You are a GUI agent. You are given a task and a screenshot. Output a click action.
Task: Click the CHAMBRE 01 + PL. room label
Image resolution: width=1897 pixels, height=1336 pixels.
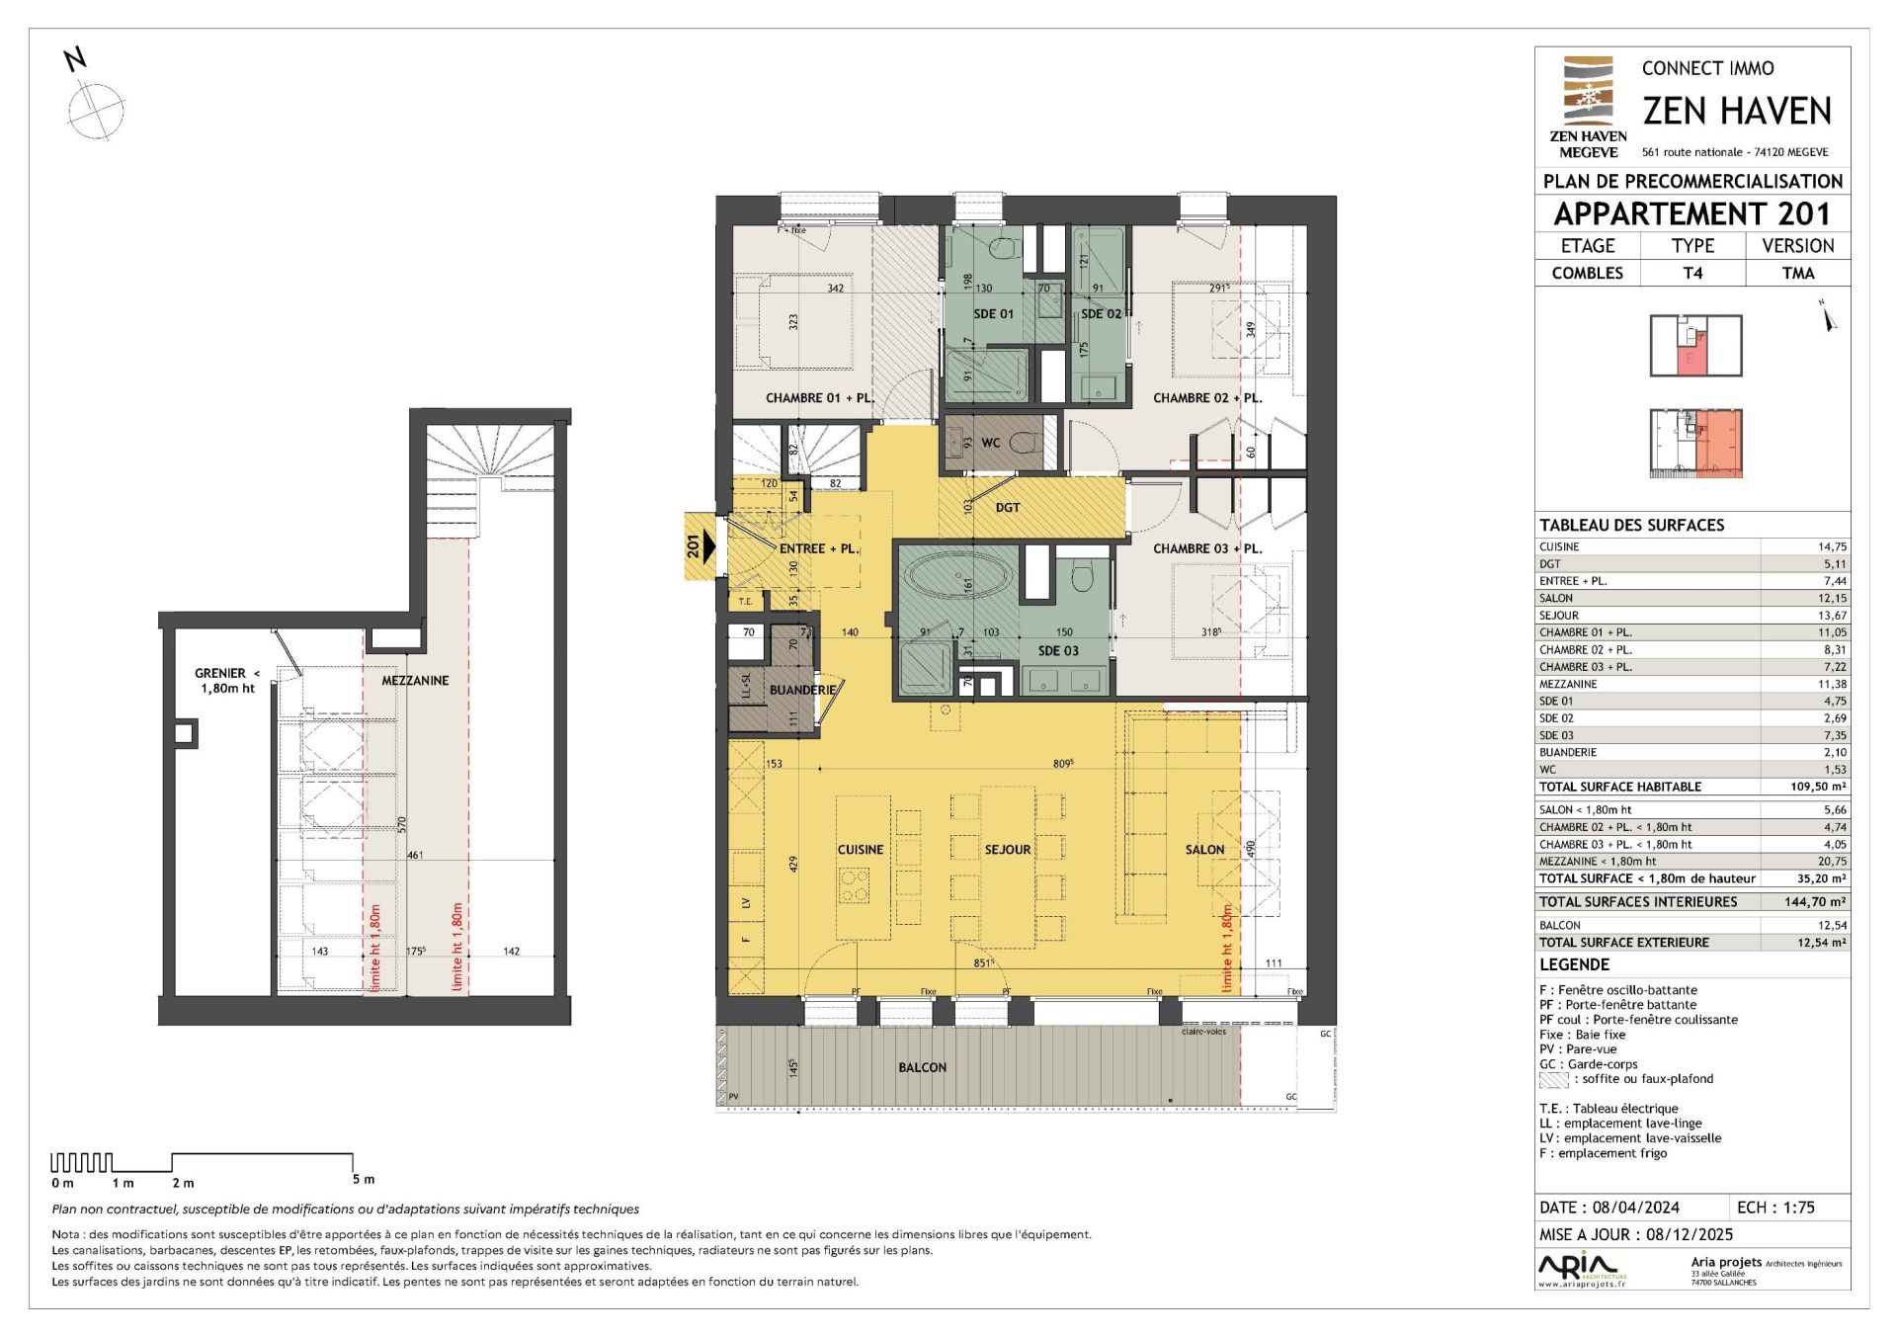coord(819,398)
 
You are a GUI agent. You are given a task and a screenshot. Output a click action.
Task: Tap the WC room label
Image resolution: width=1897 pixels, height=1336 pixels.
coord(991,443)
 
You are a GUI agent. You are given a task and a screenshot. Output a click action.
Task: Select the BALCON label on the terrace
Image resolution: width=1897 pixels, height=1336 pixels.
coord(922,1067)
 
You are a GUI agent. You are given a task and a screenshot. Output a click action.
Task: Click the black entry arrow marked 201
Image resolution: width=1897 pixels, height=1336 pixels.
coord(701,545)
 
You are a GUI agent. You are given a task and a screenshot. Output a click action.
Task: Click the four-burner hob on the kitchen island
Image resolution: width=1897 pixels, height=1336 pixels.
coord(854,884)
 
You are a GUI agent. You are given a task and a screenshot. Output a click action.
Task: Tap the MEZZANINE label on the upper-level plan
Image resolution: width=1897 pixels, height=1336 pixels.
coord(415,681)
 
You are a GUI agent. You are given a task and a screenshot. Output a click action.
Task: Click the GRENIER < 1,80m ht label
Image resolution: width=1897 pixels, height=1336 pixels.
coord(226,681)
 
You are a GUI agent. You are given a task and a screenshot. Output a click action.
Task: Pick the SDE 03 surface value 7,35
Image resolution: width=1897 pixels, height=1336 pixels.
coord(1834,735)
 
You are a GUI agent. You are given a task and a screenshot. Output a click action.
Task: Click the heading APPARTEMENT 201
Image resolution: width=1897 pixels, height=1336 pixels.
coord(1691,214)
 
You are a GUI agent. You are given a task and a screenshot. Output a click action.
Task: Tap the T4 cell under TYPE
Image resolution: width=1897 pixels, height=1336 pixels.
coord(1692,274)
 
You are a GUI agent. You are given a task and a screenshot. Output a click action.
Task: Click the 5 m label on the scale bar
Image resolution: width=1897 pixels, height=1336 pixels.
coord(364,1180)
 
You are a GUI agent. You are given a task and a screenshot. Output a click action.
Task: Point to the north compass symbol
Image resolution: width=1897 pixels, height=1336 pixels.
coord(95,109)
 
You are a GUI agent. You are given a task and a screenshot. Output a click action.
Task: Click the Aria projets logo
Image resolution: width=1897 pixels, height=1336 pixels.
coord(1579,1268)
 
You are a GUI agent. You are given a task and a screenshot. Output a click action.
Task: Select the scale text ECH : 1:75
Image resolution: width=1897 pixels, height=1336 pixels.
coord(1775,1208)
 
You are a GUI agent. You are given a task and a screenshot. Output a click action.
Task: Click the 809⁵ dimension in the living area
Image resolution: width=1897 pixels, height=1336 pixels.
coord(1063,764)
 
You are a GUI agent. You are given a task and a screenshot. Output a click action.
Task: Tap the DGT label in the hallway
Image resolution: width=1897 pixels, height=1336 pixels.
coord(1008,508)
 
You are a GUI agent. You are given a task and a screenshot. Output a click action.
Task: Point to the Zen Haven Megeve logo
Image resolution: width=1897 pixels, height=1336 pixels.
coord(1588,107)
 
